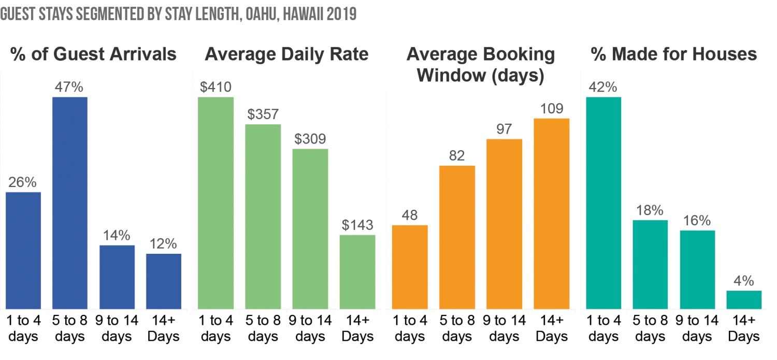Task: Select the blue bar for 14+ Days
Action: (164, 281)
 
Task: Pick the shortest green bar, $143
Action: (357, 272)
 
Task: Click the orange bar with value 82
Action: (457, 237)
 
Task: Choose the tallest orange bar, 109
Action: (552, 213)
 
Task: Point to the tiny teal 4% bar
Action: (744, 300)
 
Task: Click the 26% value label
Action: (23, 182)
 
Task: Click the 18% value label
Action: (650, 210)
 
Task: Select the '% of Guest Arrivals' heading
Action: (93, 54)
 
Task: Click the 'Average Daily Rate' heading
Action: (286, 54)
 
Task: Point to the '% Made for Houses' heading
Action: (674, 54)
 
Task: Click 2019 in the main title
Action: (340, 13)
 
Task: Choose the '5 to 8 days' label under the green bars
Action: (263, 328)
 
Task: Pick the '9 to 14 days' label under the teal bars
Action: (697, 328)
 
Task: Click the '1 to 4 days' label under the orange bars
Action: (410, 328)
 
